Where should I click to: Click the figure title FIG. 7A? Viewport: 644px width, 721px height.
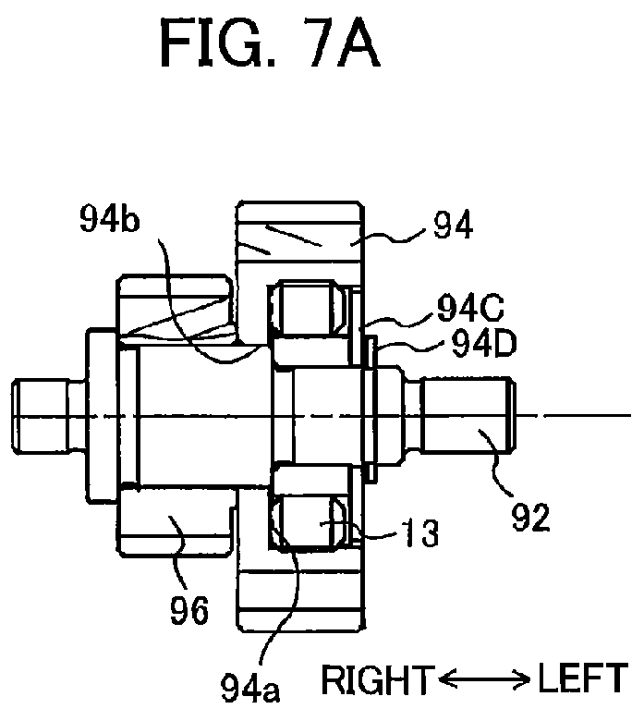[x=271, y=44]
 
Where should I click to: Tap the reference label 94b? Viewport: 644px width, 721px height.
[x=109, y=219]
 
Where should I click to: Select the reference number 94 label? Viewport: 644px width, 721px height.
[x=453, y=226]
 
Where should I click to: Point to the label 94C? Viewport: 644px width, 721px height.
[x=470, y=308]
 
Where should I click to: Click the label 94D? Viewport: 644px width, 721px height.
[x=484, y=344]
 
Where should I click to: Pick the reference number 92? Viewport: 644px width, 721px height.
[x=530, y=518]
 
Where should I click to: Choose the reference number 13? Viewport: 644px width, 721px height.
[x=420, y=533]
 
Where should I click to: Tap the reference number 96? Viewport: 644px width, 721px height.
[x=189, y=610]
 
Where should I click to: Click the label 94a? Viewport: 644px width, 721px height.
[x=250, y=688]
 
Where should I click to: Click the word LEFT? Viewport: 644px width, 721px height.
[x=583, y=678]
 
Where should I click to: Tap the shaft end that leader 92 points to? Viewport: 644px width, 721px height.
[x=468, y=416]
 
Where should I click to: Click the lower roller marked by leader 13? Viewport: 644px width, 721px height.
[x=308, y=522]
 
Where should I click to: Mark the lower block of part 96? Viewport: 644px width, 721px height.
[x=175, y=522]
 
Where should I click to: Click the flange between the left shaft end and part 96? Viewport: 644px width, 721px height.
[x=102, y=415]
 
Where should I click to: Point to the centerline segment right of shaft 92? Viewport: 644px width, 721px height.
[x=575, y=416]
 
